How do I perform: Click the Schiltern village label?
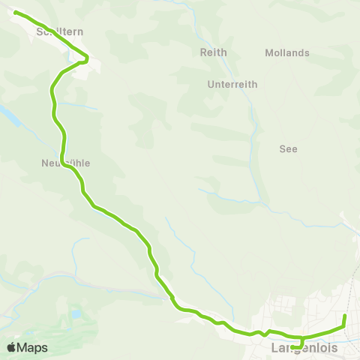[60, 31]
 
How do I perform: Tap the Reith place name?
[213, 52]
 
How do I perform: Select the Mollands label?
[287, 52]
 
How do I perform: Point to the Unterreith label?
[232, 85]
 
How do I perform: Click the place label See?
[288, 148]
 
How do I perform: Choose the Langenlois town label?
[303, 349]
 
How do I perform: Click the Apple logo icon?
[11, 347]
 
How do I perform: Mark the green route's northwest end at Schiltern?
[16, 12]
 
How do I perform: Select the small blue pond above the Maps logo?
[75, 313]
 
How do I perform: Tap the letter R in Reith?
[203, 52]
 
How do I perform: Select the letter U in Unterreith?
[211, 85]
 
